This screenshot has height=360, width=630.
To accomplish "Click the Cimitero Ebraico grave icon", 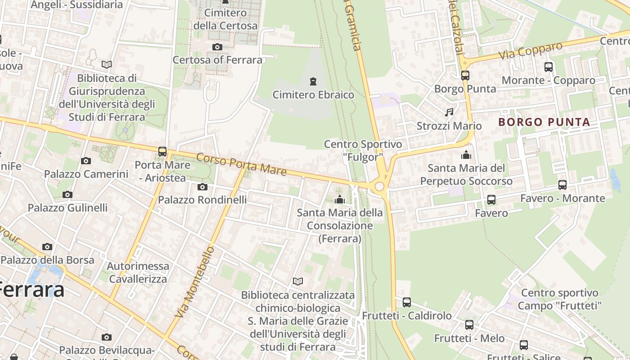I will tap(313, 81).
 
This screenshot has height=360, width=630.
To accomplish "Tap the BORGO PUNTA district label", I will tap(544, 122).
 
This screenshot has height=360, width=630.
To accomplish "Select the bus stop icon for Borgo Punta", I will tap(465, 76).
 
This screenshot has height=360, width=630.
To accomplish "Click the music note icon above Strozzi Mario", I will tap(449, 112).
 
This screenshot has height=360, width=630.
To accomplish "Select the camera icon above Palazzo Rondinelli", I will tap(202, 187).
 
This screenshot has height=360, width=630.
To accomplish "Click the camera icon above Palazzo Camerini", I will tap(86, 161).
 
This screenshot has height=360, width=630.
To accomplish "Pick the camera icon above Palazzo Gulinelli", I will tap(67, 195).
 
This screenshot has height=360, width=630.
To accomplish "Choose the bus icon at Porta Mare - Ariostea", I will tap(162, 152).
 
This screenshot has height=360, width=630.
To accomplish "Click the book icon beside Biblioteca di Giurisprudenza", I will tap(107, 65).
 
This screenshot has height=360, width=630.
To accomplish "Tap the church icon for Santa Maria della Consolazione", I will tap(340, 199).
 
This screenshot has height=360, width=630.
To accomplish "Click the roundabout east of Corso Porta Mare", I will tap(379, 186).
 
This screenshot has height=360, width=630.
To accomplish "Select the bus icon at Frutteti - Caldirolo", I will tap(407, 302).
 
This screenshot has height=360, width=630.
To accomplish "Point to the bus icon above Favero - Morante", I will tap(562, 185).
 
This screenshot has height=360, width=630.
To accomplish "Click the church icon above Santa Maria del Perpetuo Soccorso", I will tap(466, 155).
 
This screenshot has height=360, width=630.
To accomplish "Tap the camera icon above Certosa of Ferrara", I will tap(217, 47).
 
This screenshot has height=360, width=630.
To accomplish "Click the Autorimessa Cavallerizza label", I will tap(138, 272).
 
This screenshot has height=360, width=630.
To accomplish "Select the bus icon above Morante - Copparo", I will tap(549, 67).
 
